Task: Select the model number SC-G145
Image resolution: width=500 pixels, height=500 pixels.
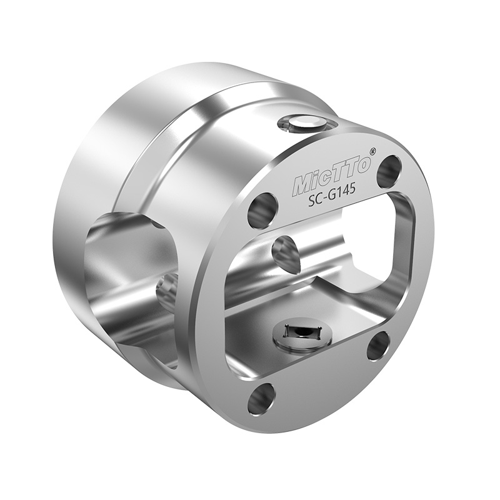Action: pyautogui.click(x=332, y=197)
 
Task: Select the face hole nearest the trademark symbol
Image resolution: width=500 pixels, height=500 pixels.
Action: pyautogui.click(x=389, y=168)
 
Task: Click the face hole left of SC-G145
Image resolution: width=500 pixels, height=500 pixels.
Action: pyautogui.click(x=263, y=211)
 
